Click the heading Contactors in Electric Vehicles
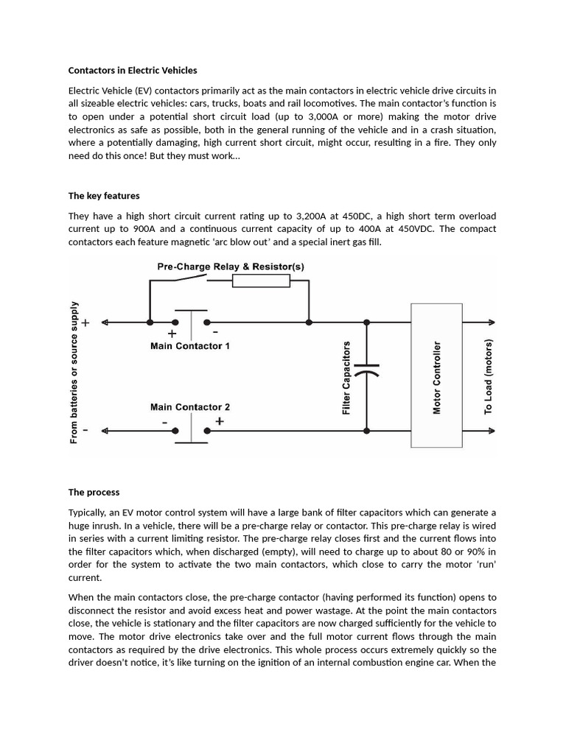tap(133, 71)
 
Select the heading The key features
tap(104, 196)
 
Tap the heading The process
tap(94, 492)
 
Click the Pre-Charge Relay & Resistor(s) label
tap(231, 267)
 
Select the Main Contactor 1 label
tap(189, 346)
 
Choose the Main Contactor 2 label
tap(189, 407)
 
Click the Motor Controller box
tap(437, 376)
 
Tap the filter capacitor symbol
tap(366, 370)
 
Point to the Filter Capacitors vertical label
tap(346, 377)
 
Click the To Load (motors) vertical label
tap(488, 377)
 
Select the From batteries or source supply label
tap(74, 371)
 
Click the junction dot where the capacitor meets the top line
tap(366, 322)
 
